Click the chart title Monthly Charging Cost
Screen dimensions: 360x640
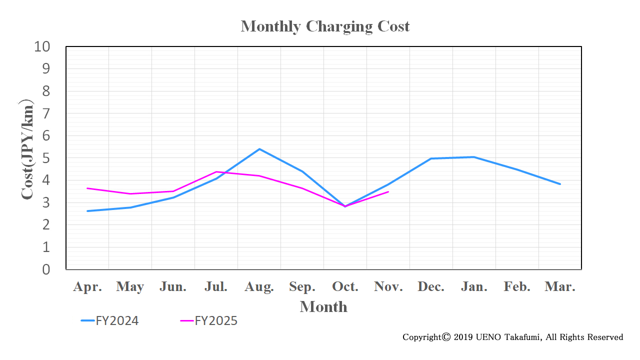[325, 26]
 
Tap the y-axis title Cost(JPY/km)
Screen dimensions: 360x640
[27, 150]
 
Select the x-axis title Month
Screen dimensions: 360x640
[323, 306]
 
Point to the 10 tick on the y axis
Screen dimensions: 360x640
[42, 47]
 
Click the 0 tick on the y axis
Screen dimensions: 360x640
[46, 269]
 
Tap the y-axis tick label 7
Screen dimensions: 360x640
[46, 113]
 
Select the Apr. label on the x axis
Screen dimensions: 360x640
[87, 287]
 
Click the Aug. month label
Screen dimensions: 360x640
[259, 287]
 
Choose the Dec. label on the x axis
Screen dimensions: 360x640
[431, 287]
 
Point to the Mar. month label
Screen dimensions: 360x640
[560, 287]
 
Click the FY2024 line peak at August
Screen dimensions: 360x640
[259, 149]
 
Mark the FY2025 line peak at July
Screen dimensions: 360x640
[216, 172]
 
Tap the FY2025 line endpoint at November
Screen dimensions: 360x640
[388, 191]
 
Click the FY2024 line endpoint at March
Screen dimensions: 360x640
[560, 184]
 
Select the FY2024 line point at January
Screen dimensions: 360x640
[473, 157]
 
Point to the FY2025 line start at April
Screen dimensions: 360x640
[87, 188]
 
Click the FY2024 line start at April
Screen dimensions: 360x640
[87, 211]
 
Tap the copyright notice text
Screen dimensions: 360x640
[513, 337]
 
